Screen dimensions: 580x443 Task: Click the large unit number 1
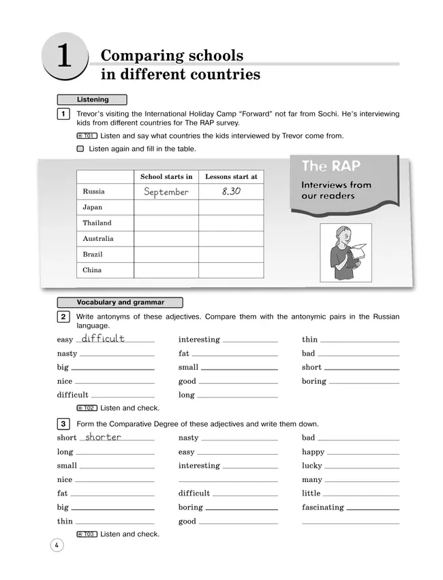64,58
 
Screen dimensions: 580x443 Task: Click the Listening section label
92,99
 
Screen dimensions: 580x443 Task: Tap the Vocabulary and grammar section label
120,302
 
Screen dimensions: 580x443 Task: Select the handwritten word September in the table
166,192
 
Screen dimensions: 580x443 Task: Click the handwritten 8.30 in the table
231,192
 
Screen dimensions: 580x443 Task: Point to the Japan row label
92,207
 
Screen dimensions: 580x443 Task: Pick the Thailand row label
97,223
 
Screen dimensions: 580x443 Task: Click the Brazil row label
93,254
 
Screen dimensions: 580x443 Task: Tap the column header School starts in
166,176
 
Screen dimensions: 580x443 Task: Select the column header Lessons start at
231,176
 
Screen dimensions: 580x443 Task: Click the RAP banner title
331,166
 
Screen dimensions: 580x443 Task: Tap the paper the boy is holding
358,251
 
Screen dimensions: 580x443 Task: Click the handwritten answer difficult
103,338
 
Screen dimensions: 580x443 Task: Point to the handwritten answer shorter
103,437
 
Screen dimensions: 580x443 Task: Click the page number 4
57,545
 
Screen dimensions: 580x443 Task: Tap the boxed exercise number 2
63,317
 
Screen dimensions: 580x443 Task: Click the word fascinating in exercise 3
322,507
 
